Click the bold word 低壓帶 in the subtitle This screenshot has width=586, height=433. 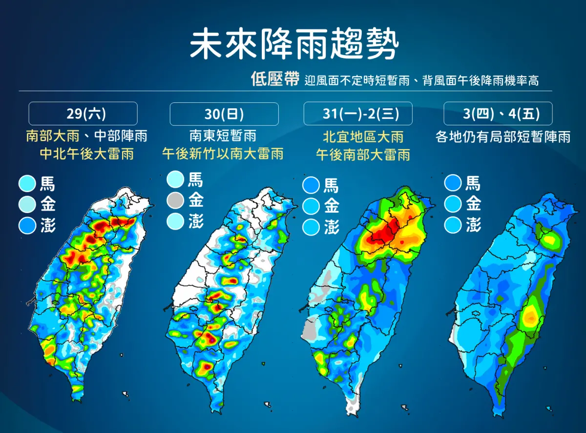(x=275, y=79)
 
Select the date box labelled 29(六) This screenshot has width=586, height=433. (x=83, y=114)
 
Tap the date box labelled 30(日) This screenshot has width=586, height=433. (x=224, y=114)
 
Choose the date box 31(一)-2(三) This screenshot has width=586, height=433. (x=358, y=114)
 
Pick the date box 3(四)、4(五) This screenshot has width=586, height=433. (x=498, y=114)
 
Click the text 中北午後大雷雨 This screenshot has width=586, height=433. (x=87, y=154)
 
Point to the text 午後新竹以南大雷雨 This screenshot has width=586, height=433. (x=223, y=154)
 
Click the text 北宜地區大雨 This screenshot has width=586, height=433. (x=363, y=137)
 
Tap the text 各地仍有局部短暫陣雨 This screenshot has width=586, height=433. (x=503, y=137)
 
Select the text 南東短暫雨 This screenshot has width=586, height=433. (x=223, y=136)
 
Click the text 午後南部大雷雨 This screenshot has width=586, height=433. (x=363, y=155)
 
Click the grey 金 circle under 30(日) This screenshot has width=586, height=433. (x=175, y=200)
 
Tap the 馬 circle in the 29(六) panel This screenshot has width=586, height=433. (x=27, y=183)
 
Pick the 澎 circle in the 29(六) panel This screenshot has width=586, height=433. (x=27, y=226)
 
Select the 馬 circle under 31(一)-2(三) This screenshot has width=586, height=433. (x=311, y=185)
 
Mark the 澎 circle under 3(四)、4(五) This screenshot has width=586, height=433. (x=453, y=225)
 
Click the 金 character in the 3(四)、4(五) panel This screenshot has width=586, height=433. (x=474, y=203)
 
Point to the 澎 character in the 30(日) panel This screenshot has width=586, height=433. (x=196, y=221)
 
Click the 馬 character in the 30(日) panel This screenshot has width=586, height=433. (x=195, y=179)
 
